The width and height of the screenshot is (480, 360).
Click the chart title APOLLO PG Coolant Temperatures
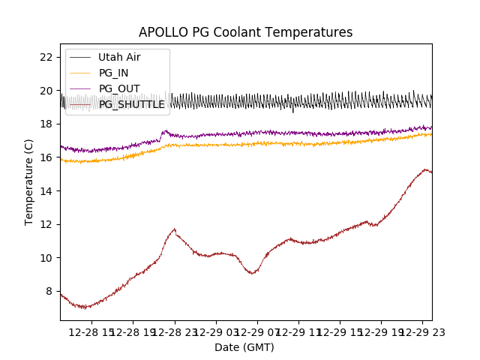[245, 32]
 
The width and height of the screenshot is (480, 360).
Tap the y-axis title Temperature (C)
[29, 181]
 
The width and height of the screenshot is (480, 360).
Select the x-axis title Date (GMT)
[244, 347]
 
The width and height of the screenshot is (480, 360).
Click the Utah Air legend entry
[118, 57]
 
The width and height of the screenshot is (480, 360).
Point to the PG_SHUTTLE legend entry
[131, 104]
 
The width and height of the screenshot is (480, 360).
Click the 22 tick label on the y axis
[46, 57]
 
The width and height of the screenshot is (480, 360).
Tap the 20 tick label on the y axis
[46, 91]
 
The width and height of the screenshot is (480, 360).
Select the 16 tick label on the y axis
[46, 157]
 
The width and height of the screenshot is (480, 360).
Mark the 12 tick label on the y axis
[46, 224]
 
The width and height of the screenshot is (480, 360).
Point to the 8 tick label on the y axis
[49, 291]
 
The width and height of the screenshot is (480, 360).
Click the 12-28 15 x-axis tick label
[92, 331]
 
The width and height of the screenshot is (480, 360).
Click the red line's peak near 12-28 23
[175, 229]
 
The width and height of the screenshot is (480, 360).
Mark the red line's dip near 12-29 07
[252, 273]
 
